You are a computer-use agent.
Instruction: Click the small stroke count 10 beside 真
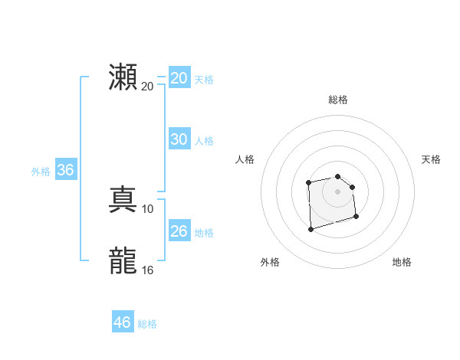[x=148, y=209]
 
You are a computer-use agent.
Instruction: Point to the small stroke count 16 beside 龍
[x=148, y=270]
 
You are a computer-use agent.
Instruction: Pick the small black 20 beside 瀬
[x=148, y=86]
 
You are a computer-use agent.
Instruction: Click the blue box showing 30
[x=179, y=139]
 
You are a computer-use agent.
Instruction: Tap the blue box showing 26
[x=179, y=231]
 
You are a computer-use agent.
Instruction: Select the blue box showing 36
[x=65, y=170]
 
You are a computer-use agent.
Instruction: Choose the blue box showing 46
[x=123, y=322]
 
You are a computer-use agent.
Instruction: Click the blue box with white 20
[x=179, y=78]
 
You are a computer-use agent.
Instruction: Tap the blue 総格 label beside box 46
[x=147, y=324]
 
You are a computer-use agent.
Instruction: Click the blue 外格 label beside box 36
[x=41, y=172]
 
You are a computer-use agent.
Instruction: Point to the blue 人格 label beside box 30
[x=204, y=141]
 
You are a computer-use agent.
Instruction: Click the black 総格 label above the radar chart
[x=338, y=100]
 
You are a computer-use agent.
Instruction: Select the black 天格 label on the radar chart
[x=431, y=159]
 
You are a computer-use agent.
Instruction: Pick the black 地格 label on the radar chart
[x=402, y=262]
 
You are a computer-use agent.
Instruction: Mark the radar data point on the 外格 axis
[x=310, y=228]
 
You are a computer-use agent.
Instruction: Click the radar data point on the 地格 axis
[x=357, y=217]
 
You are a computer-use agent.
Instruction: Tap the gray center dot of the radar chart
[x=338, y=191]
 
